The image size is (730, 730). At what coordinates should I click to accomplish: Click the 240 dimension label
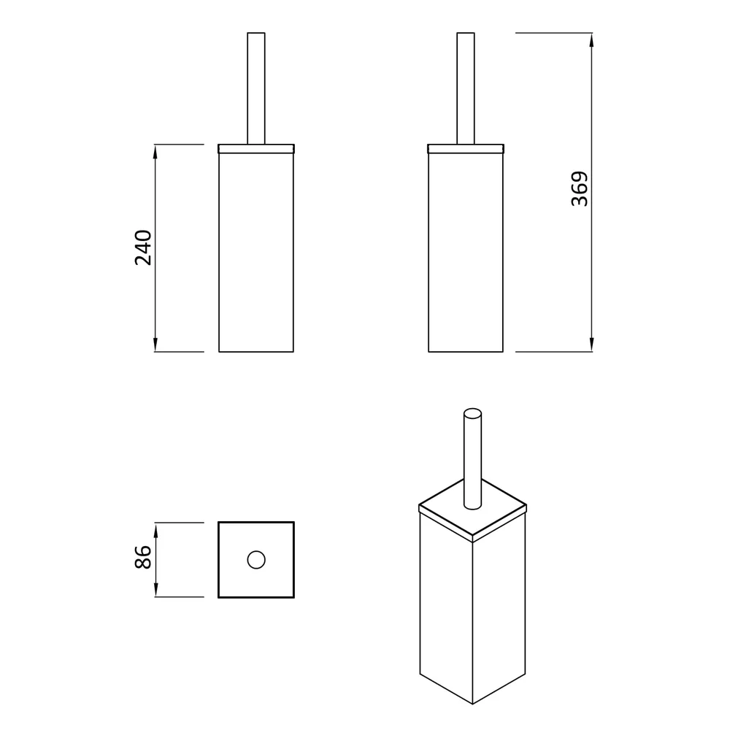[143, 247]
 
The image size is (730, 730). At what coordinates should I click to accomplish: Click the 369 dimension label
[580, 189]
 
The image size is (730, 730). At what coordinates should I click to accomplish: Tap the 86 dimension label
[143, 557]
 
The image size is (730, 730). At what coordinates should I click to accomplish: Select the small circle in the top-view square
[256, 560]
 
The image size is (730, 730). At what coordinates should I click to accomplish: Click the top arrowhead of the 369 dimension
[591, 40]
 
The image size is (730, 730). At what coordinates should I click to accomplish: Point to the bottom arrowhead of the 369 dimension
[591, 345]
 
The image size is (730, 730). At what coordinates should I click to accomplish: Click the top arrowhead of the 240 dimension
[155, 152]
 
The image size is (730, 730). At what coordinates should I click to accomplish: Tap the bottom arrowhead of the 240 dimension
[155, 345]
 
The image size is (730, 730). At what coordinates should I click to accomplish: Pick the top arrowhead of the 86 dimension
[156, 530]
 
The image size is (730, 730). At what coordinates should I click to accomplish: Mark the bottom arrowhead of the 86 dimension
[156, 589]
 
